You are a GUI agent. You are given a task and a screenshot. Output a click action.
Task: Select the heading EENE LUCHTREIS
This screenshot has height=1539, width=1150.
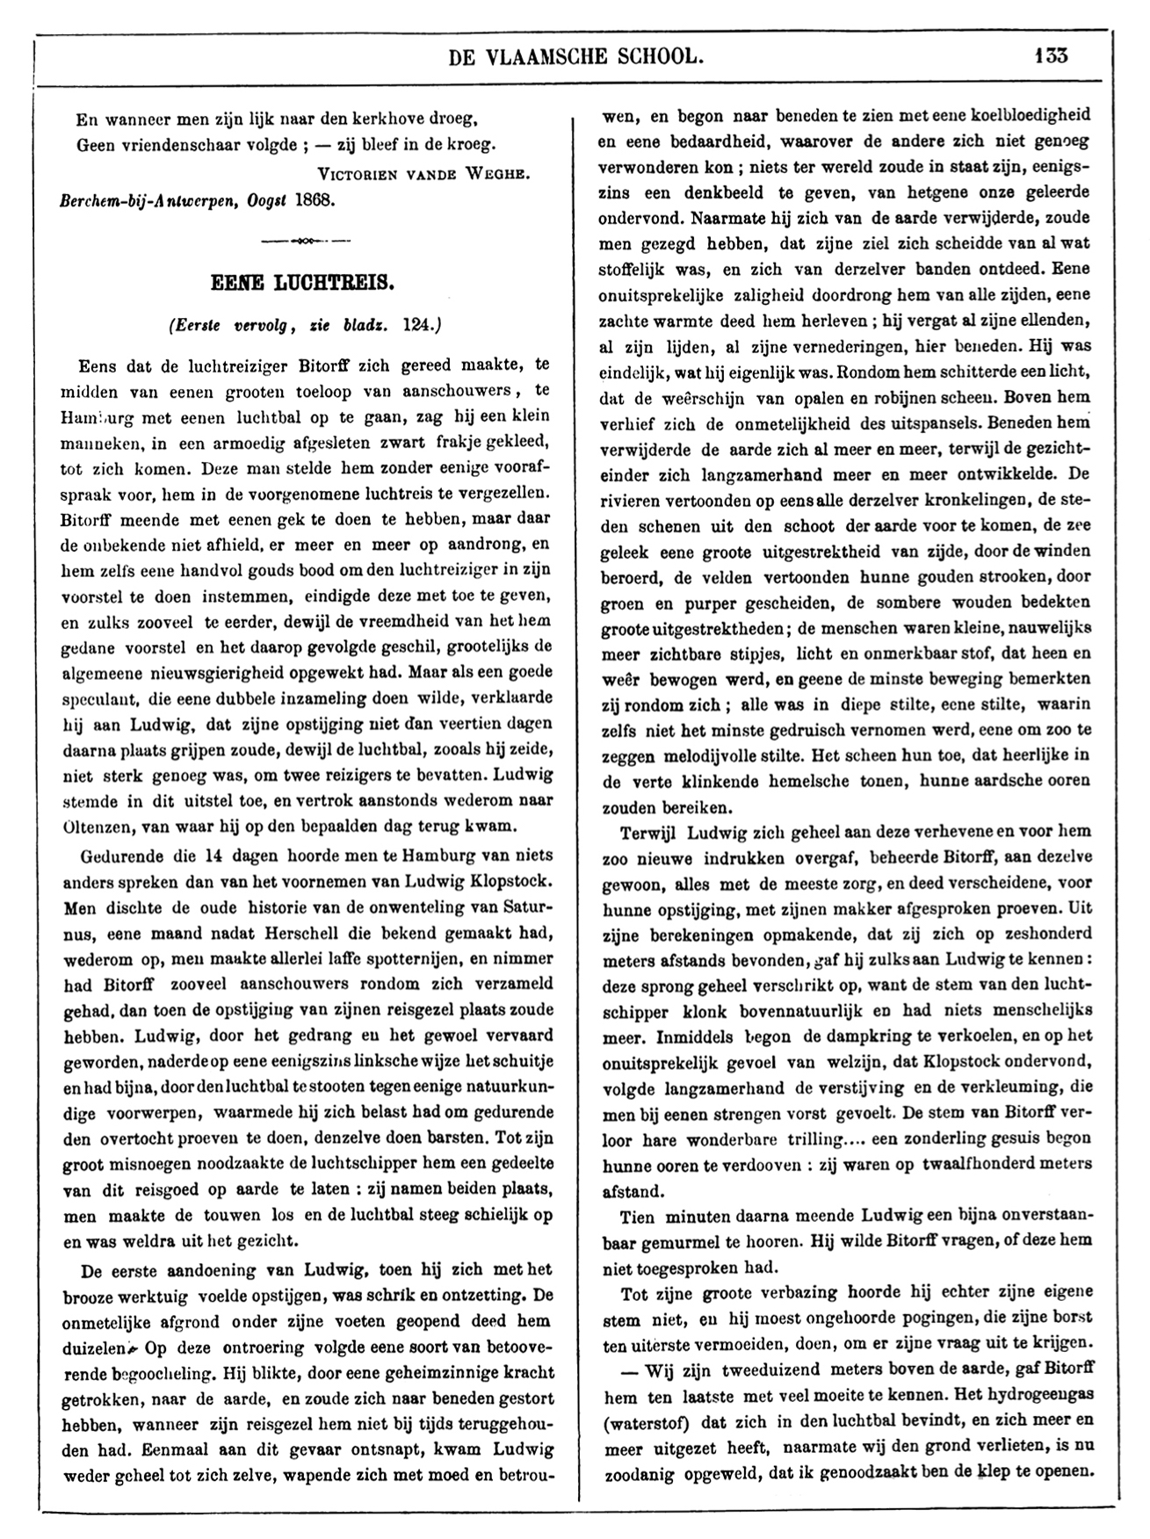(x=303, y=284)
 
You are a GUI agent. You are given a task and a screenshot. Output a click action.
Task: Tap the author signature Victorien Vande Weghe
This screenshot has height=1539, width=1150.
(x=423, y=173)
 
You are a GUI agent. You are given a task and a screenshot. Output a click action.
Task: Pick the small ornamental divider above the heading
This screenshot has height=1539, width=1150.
(x=304, y=240)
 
